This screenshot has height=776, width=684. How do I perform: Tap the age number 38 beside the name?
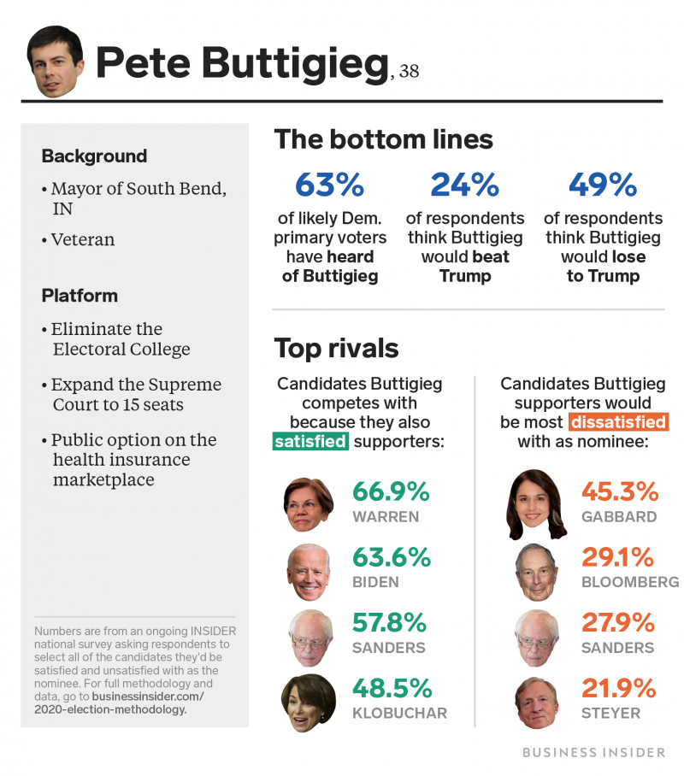pos(408,71)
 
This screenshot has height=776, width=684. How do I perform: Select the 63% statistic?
pos(329,184)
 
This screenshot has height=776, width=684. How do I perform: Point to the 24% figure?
pos(464,184)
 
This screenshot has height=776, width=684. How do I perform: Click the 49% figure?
pos(603,184)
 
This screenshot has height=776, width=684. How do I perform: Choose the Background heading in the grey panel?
pos(94,156)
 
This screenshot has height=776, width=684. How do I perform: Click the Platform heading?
pos(80,296)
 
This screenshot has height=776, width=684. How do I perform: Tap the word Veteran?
pos(82,240)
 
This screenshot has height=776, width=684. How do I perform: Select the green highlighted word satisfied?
pos(310,441)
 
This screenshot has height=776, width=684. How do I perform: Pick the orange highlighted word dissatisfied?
pos(617,422)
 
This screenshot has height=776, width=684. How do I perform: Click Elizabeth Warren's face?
pos(308,504)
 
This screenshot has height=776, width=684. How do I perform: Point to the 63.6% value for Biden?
pos(391,557)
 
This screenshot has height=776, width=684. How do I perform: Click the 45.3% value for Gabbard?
pos(620,491)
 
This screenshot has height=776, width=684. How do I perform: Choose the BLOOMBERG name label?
pos(630,582)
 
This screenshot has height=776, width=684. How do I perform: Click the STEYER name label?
pos(610,713)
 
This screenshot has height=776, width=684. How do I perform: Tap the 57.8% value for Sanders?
pos(391,622)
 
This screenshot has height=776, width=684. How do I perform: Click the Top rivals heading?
pos(336,348)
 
